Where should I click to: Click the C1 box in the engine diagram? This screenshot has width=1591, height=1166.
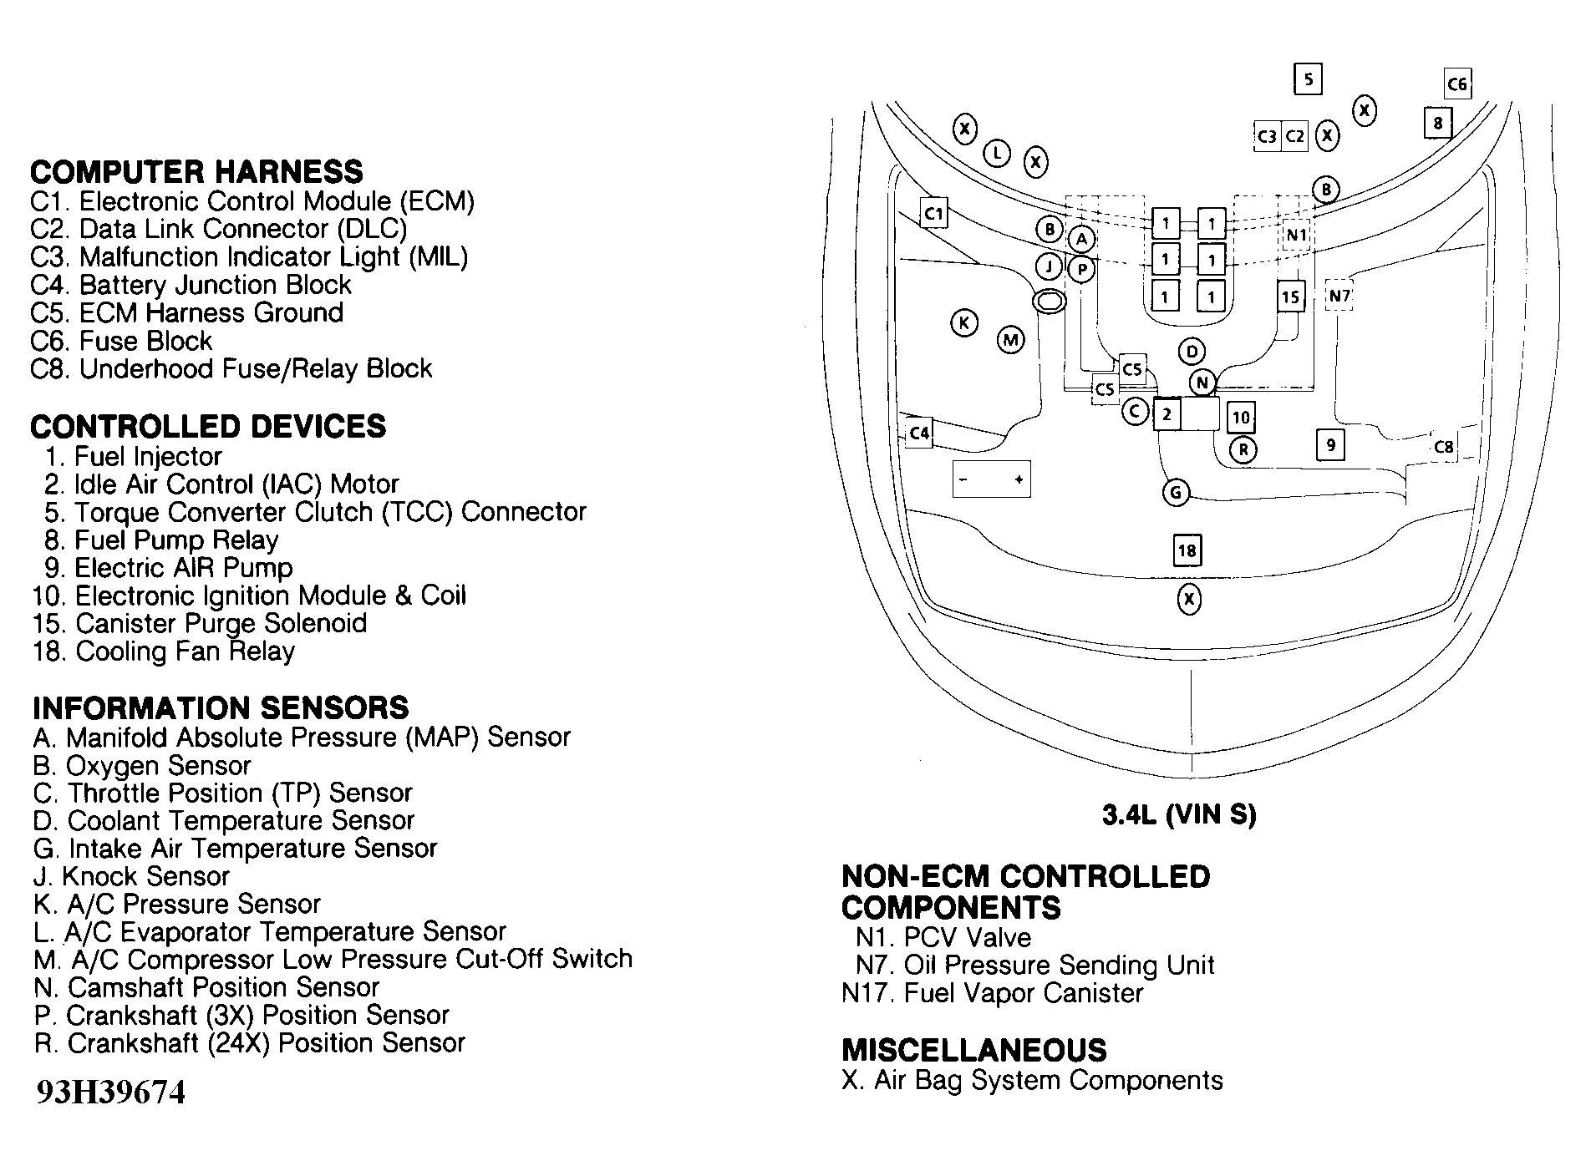(x=933, y=214)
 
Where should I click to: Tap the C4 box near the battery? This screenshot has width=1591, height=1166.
(x=919, y=433)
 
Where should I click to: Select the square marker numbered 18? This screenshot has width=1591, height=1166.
(x=1187, y=550)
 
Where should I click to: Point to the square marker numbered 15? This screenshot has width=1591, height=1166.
(x=1291, y=297)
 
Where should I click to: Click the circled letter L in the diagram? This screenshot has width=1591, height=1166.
(x=997, y=154)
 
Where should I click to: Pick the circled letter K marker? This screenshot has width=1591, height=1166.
(x=964, y=323)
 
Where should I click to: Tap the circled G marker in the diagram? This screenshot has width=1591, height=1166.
(x=1176, y=493)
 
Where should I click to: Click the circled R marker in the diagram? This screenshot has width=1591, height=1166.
(x=1243, y=450)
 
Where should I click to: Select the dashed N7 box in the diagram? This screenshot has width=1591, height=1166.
(x=1339, y=296)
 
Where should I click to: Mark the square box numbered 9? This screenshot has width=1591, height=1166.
(x=1330, y=444)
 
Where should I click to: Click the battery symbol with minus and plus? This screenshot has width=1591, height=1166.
(x=991, y=479)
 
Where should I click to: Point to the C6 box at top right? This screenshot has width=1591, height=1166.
(x=1456, y=84)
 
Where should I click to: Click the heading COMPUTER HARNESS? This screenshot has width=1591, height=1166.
(x=196, y=172)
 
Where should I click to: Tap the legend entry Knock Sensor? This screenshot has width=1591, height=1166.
(x=131, y=876)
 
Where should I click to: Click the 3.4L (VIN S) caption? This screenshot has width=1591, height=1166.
(x=1179, y=815)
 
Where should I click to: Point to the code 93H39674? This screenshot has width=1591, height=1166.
(x=109, y=1092)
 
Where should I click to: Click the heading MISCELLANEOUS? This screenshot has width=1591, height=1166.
(x=973, y=1050)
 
